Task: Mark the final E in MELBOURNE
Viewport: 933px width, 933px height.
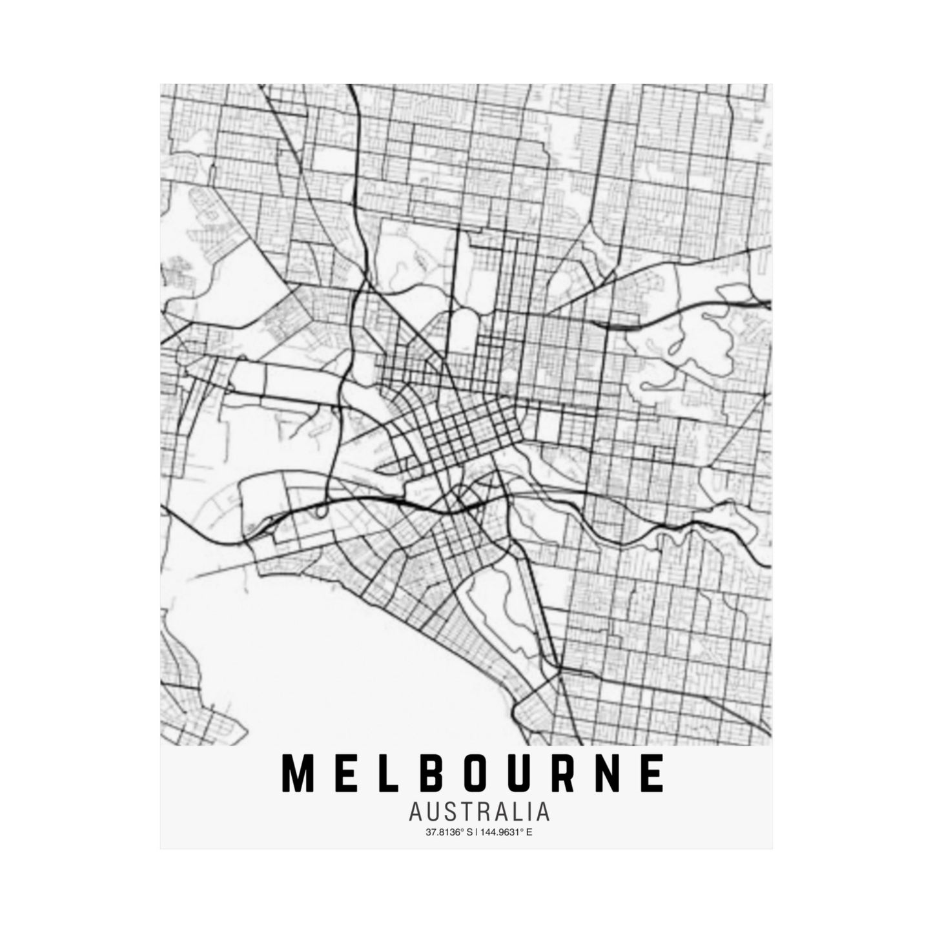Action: pos(651,774)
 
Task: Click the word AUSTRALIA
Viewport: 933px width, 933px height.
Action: pos(478,812)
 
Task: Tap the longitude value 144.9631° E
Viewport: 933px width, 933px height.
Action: pos(507,832)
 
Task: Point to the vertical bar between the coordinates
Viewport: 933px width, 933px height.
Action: pos(478,832)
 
